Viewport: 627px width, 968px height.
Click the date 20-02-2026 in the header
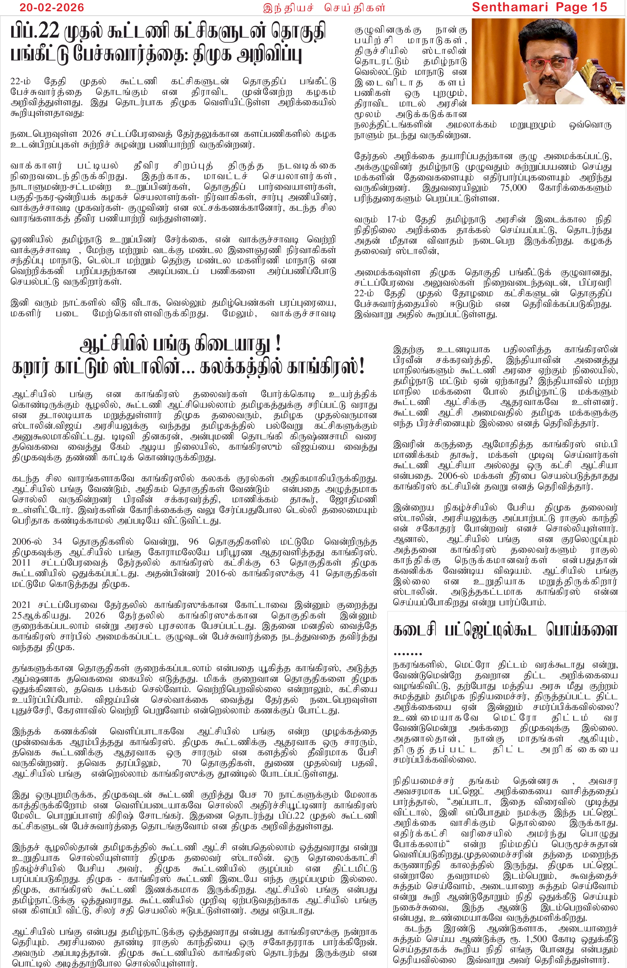tap(52, 7)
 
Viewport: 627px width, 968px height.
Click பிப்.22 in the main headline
tap(35, 32)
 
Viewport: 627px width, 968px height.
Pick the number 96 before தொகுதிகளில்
tap(193, 542)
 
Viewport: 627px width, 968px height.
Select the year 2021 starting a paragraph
tap(22, 605)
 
